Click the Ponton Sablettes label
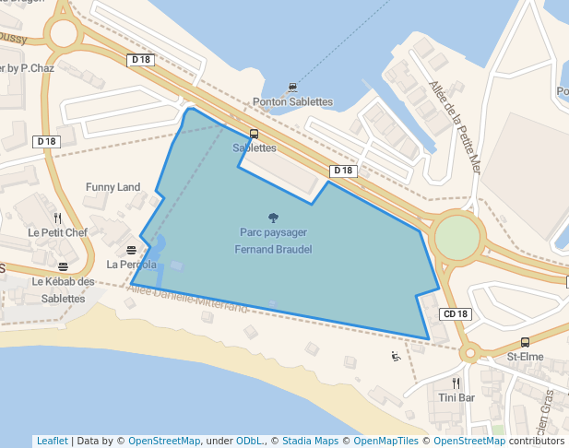pyautogui.click(x=292, y=101)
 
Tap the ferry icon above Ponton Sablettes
pyautogui.click(x=292, y=88)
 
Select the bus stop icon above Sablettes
pyautogui.click(x=254, y=134)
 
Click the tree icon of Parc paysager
pyautogui.click(x=273, y=218)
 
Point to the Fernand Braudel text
pyautogui.click(x=273, y=249)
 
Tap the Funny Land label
pyautogui.click(x=113, y=187)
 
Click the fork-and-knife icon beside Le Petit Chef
pyautogui.click(x=57, y=218)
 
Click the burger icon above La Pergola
pyautogui.click(x=132, y=250)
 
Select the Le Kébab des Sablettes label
pyautogui.click(x=63, y=289)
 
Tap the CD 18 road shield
pyautogui.click(x=456, y=313)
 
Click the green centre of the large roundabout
pyautogui.click(x=458, y=238)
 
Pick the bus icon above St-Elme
pyautogui.click(x=525, y=342)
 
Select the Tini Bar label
pyautogui.click(x=456, y=397)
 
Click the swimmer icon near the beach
pyautogui.click(x=396, y=357)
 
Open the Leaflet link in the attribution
pyautogui.click(x=52, y=441)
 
